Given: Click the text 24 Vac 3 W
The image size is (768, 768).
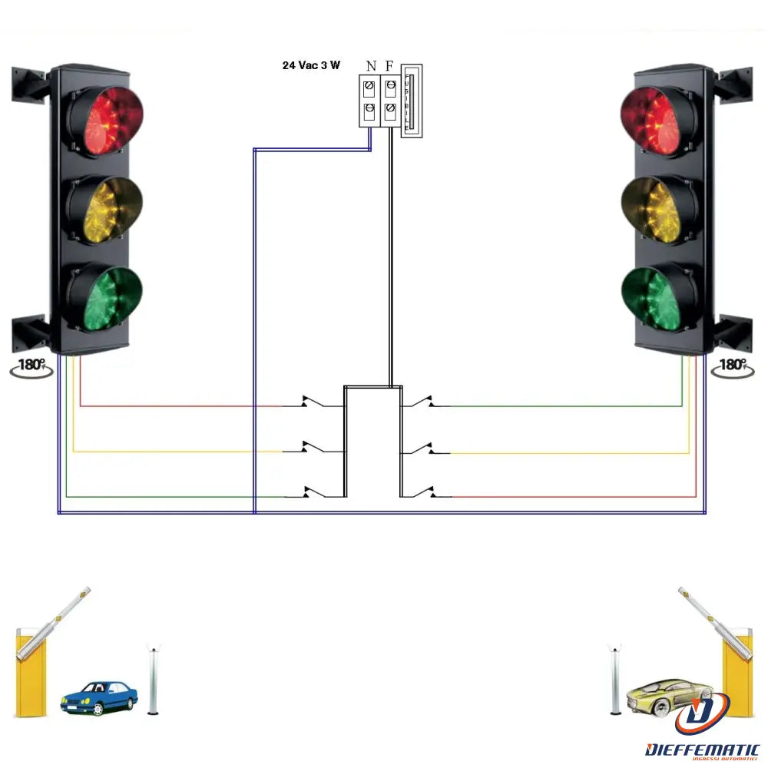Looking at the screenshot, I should tap(311, 65).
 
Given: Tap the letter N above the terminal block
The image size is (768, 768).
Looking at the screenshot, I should tap(370, 66).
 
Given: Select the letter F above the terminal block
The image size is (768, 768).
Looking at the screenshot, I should tap(389, 66).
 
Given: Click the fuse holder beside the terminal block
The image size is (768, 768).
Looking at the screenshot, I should tap(412, 101).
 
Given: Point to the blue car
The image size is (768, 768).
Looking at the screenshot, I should tap(99, 697).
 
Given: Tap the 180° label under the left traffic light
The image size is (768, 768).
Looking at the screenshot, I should tap(31, 366).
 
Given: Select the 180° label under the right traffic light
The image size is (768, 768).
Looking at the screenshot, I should tap(733, 366).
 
